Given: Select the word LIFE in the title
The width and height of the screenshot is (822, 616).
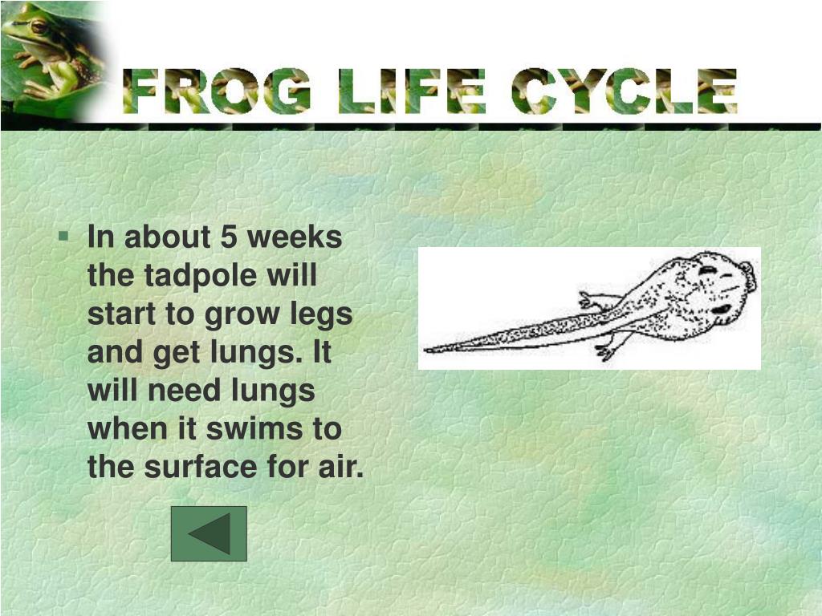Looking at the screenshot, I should [x=412, y=92].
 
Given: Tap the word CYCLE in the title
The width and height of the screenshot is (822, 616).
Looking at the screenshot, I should [x=625, y=92].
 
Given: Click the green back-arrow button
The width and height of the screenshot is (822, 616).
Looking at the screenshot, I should [x=209, y=533].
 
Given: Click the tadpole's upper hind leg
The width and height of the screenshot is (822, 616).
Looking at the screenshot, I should [x=594, y=301].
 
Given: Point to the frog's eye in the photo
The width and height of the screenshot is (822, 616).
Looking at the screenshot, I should [x=39, y=26].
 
